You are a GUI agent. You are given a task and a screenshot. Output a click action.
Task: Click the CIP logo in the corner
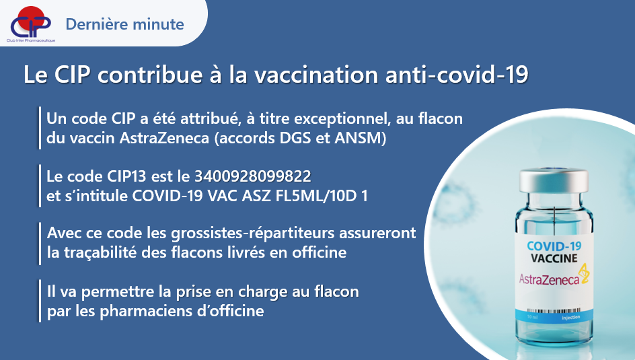click(31, 24)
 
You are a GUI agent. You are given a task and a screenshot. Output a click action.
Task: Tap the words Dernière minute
click(124, 24)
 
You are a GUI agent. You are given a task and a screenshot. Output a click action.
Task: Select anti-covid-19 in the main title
click(457, 75)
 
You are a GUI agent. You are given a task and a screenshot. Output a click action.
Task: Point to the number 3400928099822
click(253, 176)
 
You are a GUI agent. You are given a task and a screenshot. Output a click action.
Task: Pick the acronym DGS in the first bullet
click(295, 138)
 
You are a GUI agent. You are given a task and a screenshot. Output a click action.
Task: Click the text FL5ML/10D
click(314, 196)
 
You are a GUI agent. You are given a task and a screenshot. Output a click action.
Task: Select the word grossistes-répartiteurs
click(253, 233)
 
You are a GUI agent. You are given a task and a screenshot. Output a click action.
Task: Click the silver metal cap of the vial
click(554, 180)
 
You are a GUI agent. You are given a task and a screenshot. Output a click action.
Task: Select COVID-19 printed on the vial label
click(554, 246)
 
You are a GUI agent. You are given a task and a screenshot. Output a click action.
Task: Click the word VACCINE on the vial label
click(554, 258)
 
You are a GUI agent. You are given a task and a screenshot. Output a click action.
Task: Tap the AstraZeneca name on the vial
click(549, 279)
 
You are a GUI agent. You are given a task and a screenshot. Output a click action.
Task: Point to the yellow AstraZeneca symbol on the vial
click(584, 273)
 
